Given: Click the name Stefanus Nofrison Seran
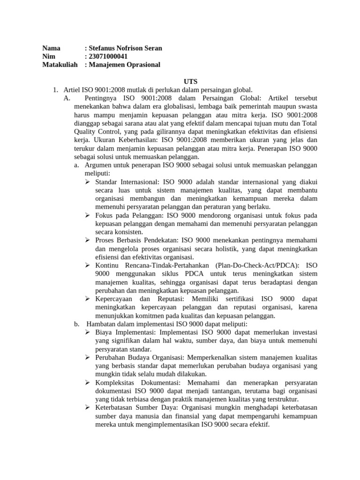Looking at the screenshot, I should [125, 48].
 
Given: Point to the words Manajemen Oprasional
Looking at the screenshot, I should [124, 65].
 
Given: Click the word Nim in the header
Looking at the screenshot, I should [49, 56].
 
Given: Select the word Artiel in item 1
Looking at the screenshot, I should [71, 90].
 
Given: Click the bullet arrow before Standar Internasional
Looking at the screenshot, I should [88, 182].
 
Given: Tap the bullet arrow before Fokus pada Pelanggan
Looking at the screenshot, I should [88, 215].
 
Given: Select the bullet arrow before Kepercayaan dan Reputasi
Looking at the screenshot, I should [88, 299].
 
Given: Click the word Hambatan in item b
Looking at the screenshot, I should [101, 324].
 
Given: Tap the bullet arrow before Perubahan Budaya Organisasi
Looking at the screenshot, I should [88, 358].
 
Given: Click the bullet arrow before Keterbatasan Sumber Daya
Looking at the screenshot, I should [88, 408].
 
